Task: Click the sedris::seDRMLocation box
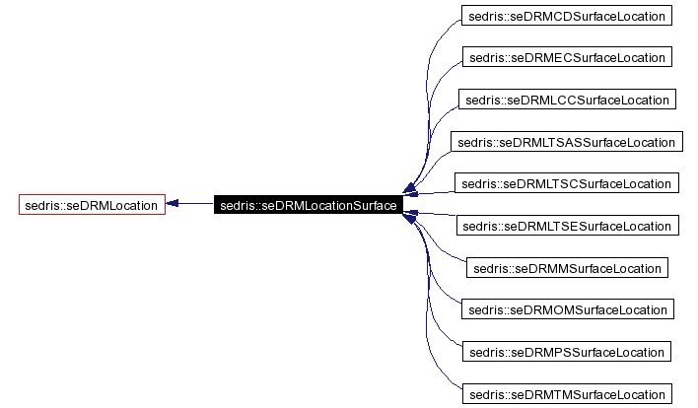[92, 205]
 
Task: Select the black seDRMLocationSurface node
[308, 205]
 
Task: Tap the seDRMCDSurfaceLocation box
[567, 16]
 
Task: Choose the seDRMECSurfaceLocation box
[567, 57]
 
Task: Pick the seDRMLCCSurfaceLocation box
[567, 100]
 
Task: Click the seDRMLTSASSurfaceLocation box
[567, 142]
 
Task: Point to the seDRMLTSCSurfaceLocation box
[567, 183]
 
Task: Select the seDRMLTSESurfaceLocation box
[567, 226]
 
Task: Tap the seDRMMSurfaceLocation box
[567, 268]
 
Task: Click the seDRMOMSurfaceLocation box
[567, 309]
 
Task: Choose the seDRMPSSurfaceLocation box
[567, 352]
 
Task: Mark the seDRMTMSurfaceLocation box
[567, 394]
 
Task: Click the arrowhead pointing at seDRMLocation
[173, 205]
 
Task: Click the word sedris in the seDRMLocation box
[41, 205]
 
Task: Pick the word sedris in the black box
[238, 205]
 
